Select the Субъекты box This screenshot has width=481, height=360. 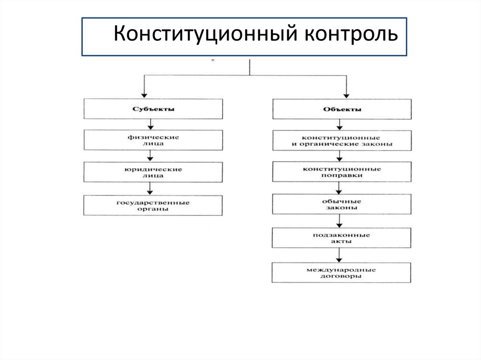point(153,109)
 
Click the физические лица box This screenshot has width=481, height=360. point(153,140)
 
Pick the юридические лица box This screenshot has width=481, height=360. point(153,172)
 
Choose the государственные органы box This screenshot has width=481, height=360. point(153,206)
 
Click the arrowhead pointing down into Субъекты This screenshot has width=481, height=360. point(144,93)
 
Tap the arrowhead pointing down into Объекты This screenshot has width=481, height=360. point(347,93)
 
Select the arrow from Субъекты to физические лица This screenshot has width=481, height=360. point(150,124)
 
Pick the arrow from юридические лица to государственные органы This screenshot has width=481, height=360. point(150,189)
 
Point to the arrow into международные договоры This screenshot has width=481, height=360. point(339,255)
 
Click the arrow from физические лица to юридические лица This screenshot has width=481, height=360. point(150,156)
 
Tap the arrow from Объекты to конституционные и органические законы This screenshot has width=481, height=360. point(339,125)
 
